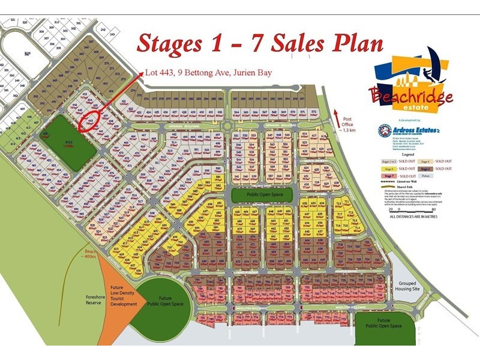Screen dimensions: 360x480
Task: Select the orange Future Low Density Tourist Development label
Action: click(120, 300)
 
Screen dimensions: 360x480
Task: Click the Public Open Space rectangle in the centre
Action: click(262, 194)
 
